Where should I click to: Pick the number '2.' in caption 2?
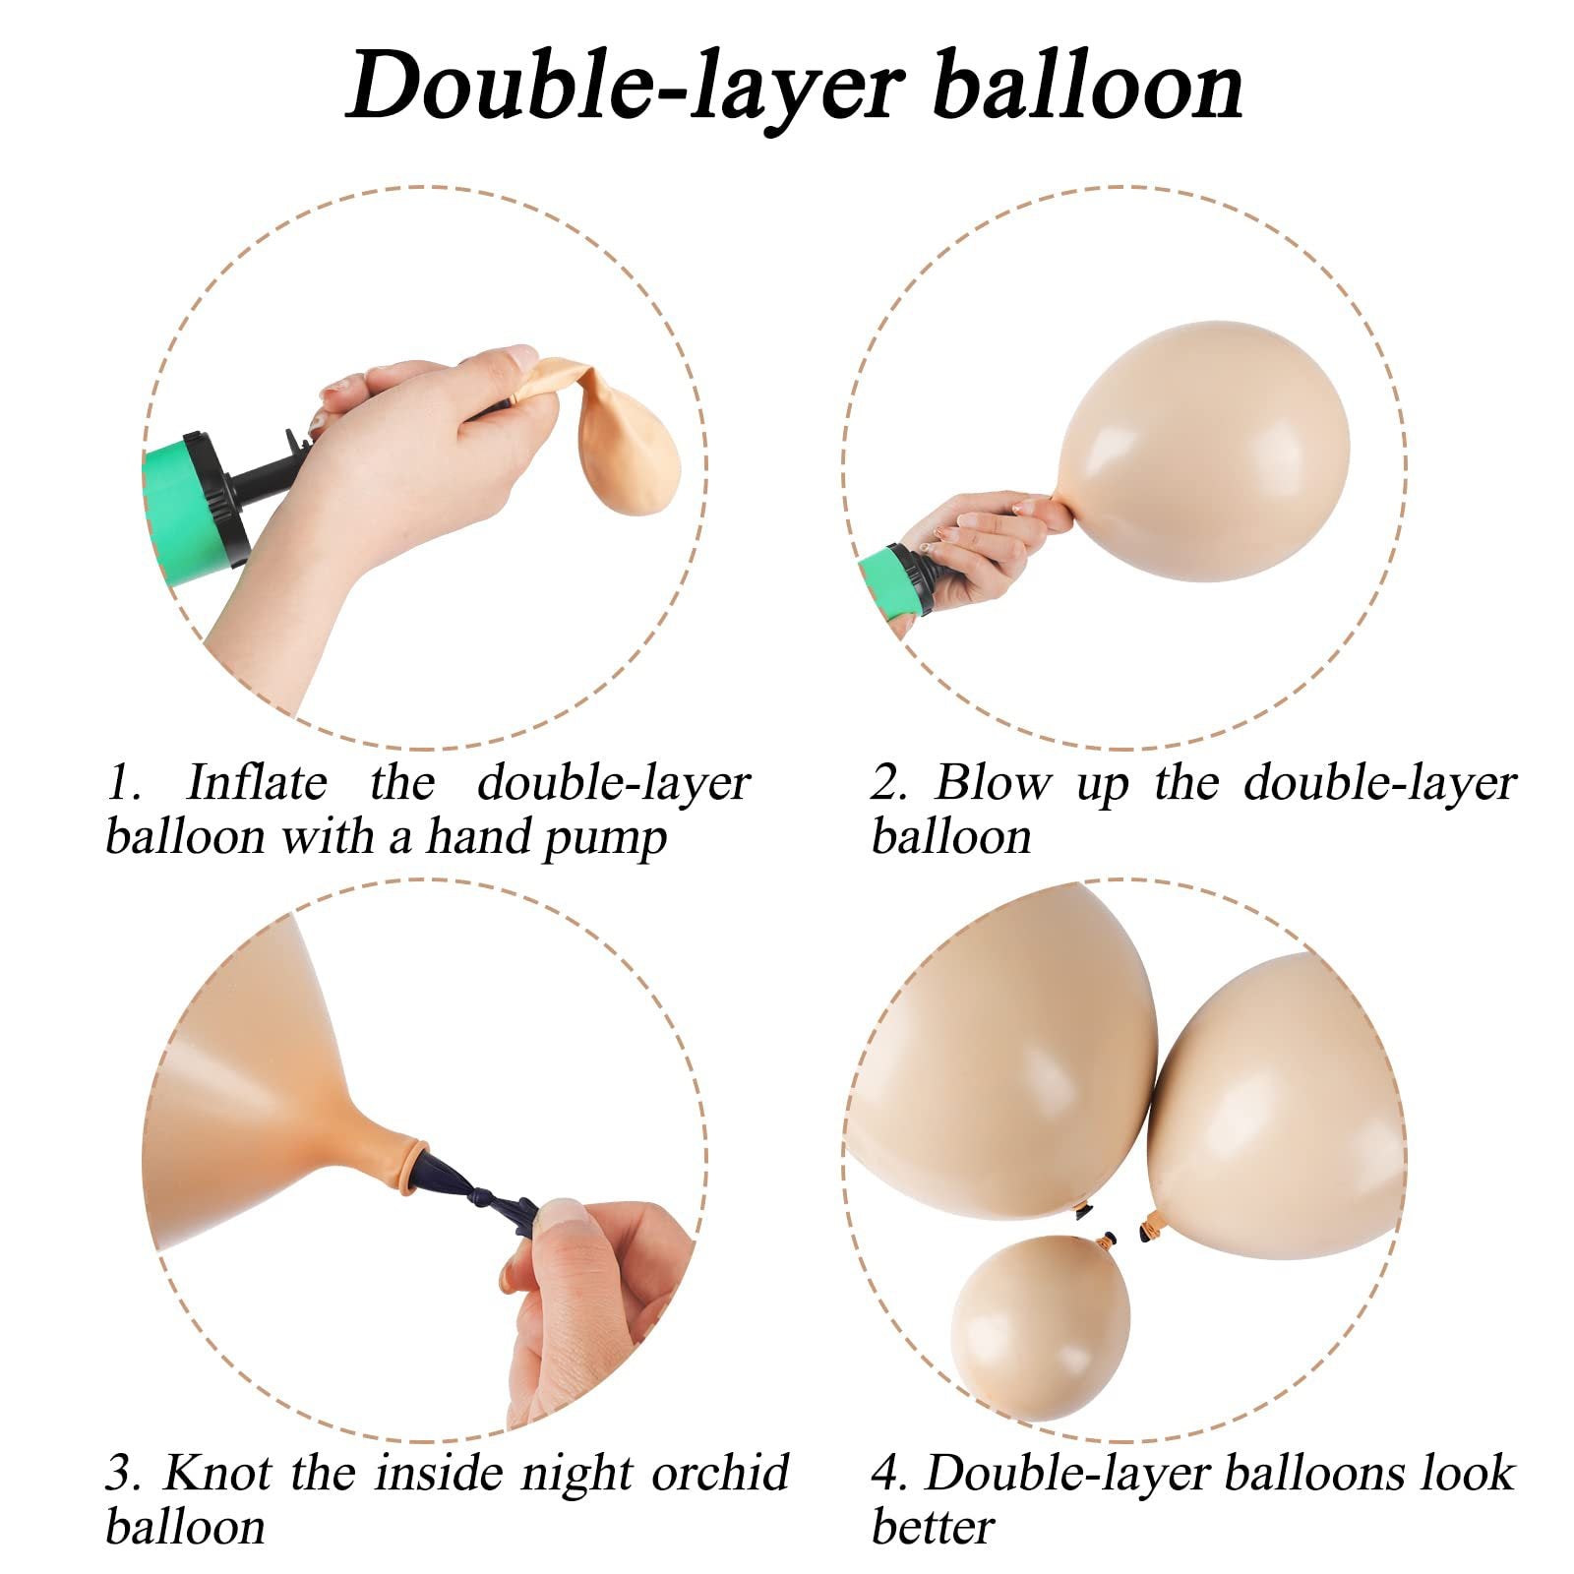[891, 784]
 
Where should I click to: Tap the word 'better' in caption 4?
[933, 1528]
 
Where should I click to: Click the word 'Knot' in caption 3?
[218, 1474]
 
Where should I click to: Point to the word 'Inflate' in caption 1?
[256, 784]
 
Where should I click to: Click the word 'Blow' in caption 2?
[993, 784]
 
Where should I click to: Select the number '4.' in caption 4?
[890, 1474]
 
